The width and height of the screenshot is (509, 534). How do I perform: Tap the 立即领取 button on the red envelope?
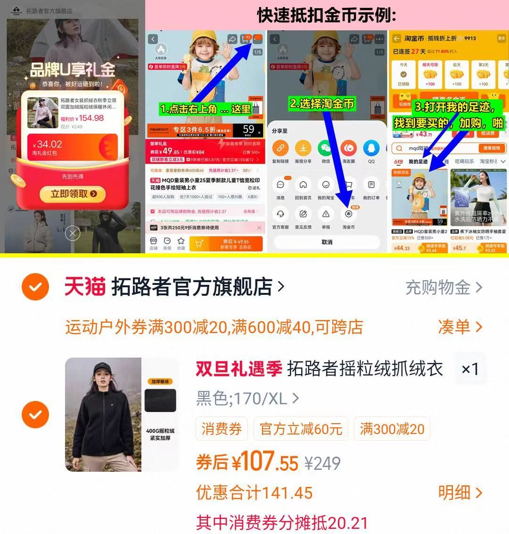click(72, 193)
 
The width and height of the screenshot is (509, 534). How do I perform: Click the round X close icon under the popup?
click(72, 233)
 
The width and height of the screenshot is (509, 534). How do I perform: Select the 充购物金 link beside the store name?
click(443, 287)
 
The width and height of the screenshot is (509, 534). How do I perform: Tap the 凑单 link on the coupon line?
click(460, 326)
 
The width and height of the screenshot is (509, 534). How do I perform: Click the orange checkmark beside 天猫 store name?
click(35, 286)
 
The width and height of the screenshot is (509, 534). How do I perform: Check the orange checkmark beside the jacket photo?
click(35, 414)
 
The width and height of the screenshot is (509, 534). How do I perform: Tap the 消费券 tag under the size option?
click(222, 429)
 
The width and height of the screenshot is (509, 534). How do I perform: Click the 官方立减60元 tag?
click(301, 429)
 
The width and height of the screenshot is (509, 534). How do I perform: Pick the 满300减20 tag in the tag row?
click(392, 429)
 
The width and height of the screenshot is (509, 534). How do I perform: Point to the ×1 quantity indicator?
click(470, 369)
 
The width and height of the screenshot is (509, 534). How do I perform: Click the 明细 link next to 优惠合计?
click(460, 492)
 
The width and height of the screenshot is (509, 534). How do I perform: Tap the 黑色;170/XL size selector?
click(247, 399)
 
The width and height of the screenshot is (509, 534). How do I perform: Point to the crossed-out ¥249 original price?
click(323, 463)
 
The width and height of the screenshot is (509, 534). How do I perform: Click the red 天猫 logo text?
click(85, 286)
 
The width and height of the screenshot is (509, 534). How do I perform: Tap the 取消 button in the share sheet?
click(327, 242)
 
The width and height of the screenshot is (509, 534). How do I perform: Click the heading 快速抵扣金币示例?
click(327, 15)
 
